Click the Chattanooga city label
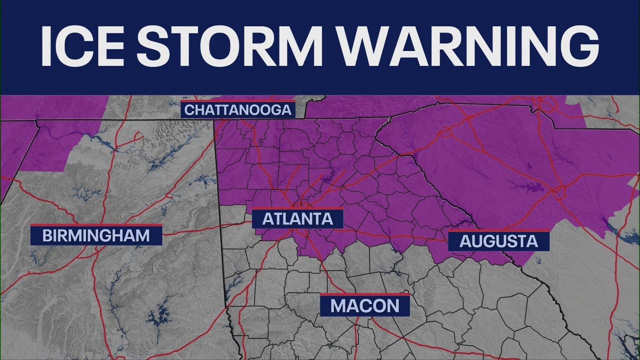point(238,109)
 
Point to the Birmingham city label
point(96,235)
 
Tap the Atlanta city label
point(297,218)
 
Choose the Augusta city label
point(498,241)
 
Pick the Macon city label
point(365,305)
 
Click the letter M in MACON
point(340,305)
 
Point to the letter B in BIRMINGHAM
point(47,235)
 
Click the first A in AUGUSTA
point(465,241)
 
